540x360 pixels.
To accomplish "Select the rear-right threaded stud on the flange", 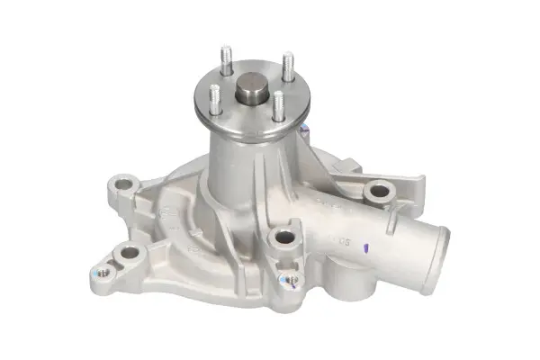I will (288, 65).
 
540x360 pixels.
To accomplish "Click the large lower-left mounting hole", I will (130, 254).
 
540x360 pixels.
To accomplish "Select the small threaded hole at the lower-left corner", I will (103, 271).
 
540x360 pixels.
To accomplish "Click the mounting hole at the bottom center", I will (284, 238).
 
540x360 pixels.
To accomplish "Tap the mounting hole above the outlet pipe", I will (379, 191).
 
